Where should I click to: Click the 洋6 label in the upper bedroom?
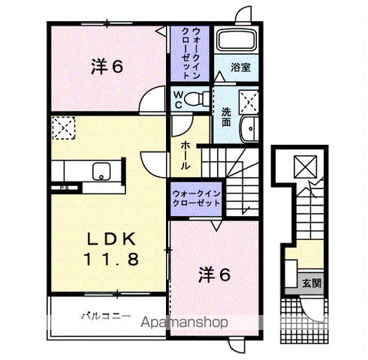click(107, 67)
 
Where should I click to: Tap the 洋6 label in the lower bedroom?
click(213, 274)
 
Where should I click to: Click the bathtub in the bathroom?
click(236, 42)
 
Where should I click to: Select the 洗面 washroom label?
click(225, 118)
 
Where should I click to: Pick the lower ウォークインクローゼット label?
click(198, 197)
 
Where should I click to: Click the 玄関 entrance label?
click(312, 283)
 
